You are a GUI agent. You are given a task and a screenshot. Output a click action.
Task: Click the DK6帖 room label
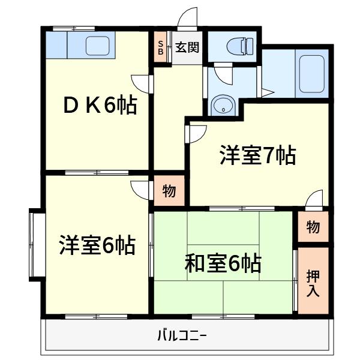(x=100, y=106)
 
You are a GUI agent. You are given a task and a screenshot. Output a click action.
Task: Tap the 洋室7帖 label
(x=258, y=155)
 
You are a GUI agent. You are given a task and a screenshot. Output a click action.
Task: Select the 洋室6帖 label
(x=97, y=245)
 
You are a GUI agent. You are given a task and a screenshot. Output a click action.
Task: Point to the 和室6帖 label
(x=223, y=263)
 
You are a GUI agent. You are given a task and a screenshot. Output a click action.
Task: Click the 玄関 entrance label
(x=187, y=47)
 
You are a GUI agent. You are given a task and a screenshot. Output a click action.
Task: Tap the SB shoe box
(x=161, y=47)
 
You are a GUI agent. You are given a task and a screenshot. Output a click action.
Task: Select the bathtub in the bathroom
(x=312, y=73)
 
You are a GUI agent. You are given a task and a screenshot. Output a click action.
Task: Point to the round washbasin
(x=223, y=106)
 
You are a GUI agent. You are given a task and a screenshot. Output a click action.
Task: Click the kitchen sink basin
(x=97, y=46)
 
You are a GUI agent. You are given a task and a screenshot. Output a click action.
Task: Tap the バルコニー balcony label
(x=182, y=335)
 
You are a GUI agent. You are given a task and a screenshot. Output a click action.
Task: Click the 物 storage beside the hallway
(x=169, y=190)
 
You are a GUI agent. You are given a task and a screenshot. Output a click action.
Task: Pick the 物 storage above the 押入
(x=313, y=226)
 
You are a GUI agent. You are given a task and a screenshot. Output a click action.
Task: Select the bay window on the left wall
(x=37, y=245)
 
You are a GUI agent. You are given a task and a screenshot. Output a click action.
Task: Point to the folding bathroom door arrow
(x=268, y=92)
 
